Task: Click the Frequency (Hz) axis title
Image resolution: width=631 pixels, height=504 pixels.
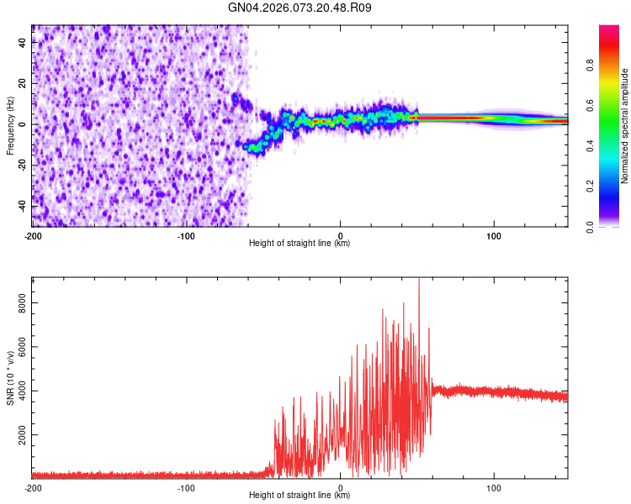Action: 10,125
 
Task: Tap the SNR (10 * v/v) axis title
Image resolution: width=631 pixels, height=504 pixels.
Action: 10,377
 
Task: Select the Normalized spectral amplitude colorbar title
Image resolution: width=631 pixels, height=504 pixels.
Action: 625,126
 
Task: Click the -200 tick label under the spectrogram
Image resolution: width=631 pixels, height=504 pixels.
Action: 32,234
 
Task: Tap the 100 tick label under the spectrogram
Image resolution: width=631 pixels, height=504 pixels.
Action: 494,234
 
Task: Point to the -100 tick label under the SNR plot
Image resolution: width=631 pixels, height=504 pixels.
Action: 186,486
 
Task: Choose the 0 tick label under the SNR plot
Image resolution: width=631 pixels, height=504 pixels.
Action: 340,486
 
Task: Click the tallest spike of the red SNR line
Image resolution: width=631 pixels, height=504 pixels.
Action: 419,281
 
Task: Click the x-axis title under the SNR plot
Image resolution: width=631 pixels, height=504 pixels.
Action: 300,495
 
